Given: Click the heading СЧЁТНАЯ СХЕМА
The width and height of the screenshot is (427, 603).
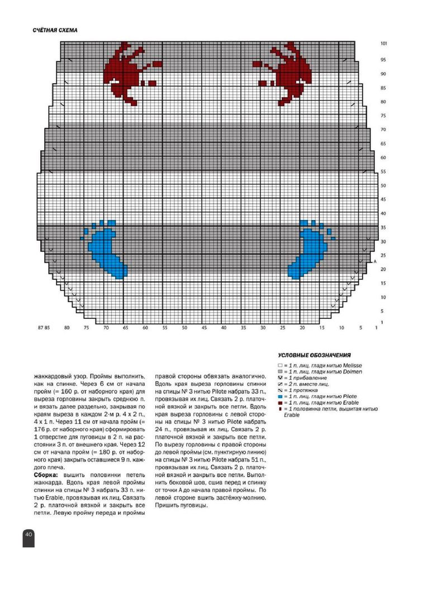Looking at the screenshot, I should [55, 30].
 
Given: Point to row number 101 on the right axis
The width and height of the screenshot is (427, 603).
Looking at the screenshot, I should [383, 43].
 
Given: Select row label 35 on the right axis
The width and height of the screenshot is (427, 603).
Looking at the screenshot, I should [383, 228].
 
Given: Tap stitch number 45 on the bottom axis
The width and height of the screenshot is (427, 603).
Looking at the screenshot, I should [204, 328].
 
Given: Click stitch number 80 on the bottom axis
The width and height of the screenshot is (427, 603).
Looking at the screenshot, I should [67, 328].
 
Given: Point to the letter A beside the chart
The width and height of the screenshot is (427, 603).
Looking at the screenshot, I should [375, 261].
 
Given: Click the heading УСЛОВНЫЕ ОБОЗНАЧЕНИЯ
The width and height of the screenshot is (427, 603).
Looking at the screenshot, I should [314, 355].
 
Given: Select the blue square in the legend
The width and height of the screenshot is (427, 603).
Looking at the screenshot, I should [280, 396].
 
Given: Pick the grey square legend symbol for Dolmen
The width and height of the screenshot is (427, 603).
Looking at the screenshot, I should [280, 371].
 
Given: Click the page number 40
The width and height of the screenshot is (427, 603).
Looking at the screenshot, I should [29, 534].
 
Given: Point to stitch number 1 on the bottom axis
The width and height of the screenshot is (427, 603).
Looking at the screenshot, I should [376, 328].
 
